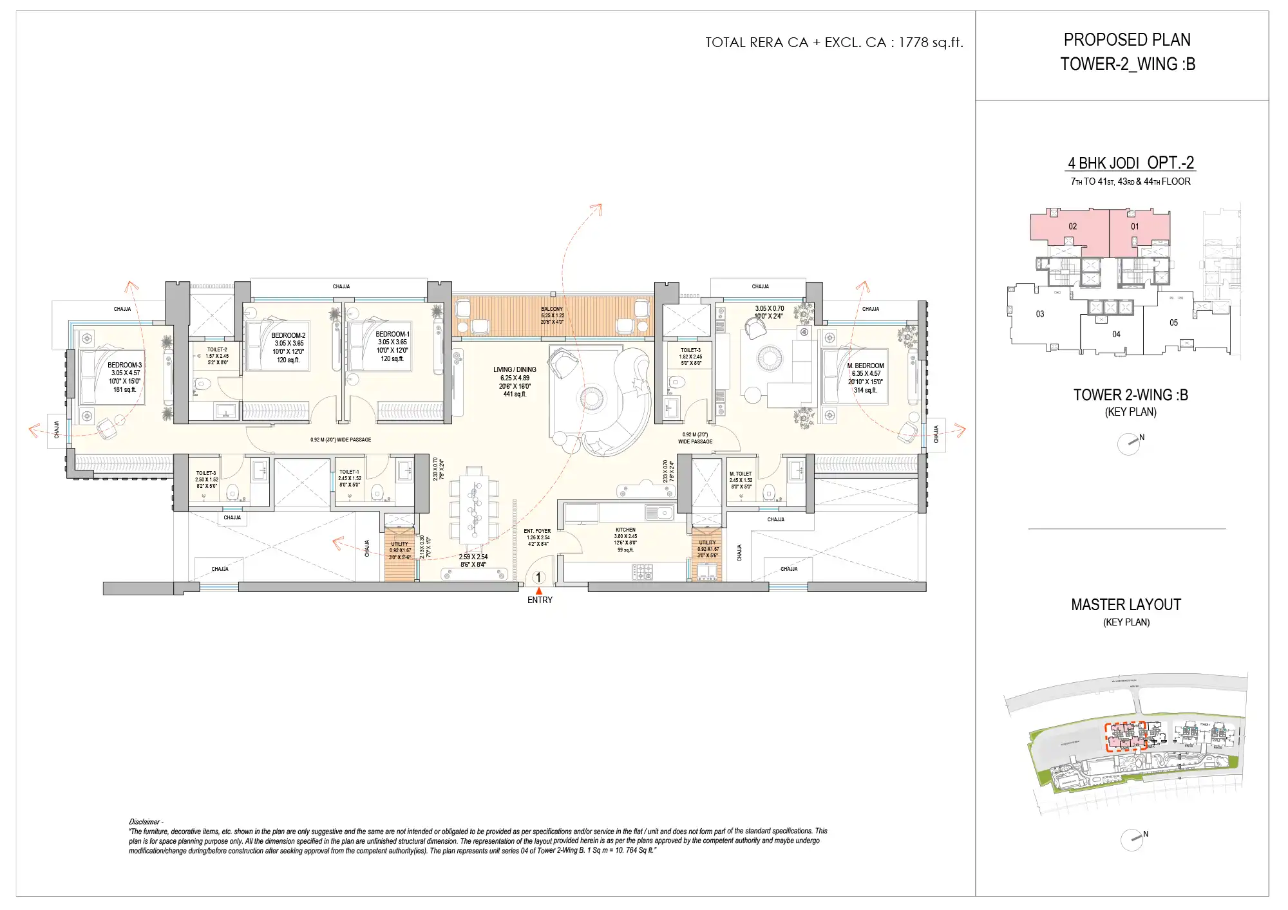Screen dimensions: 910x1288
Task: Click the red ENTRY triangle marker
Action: click(539, 591)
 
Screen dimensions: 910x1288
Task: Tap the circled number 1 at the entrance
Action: click(538, 577)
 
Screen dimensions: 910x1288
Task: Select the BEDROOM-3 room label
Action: click(124, 366)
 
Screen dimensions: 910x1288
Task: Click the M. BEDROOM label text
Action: click(866, 366)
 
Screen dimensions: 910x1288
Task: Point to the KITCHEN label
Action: click(625, 530)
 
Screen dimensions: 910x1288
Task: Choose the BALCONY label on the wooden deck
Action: click(552, 310)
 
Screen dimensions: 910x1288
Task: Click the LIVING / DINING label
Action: click(515, 370)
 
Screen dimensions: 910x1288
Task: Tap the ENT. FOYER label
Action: click(537, 532)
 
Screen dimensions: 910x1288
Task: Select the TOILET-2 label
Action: click(217, 349)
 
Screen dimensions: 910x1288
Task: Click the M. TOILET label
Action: click(741, 474)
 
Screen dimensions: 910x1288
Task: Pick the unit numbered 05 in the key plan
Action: click(1173, 323)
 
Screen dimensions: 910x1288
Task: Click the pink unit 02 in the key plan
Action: click(1072, 227)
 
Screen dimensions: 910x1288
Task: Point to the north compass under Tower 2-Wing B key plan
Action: click(1129, 443)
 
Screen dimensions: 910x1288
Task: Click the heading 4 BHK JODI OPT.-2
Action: click(1130, 163)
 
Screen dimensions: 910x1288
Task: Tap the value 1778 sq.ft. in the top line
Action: click(931, 42)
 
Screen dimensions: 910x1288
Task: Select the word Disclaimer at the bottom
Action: click(144, 822)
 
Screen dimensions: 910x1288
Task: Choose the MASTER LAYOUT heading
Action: click(1126, 605)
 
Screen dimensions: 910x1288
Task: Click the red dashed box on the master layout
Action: click(1126, 738)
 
